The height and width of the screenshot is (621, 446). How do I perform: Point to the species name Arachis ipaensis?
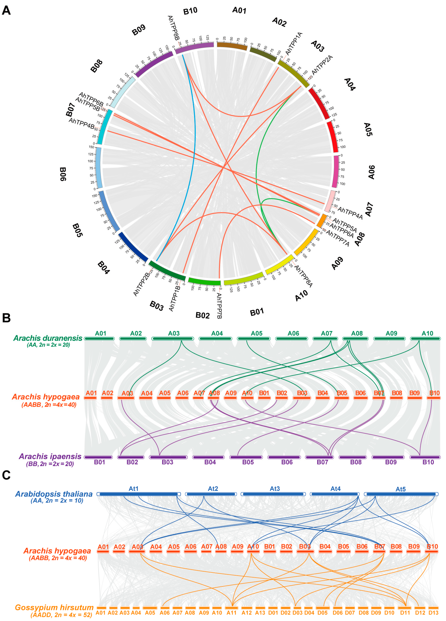(50, 456)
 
